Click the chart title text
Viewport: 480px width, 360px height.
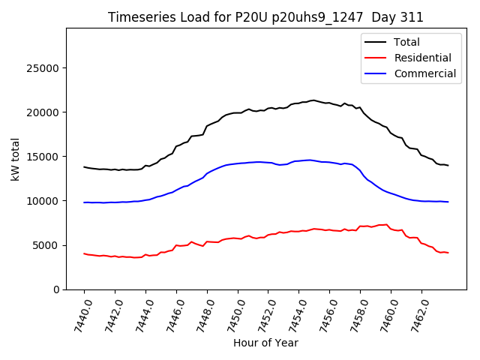tap(265, 17)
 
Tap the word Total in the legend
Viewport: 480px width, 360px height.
tap(407, 42)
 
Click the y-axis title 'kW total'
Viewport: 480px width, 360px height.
tap(16, 159)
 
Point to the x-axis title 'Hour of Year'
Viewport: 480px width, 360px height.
tap(265, 343)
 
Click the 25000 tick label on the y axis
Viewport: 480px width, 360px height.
tap(44, 68)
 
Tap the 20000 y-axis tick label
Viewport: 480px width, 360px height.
tap(44, 112)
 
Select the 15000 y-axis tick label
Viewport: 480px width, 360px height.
tap(44, 157)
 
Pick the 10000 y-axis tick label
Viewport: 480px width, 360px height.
tap(44, 201)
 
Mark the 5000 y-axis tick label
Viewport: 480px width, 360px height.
tap(47, 245)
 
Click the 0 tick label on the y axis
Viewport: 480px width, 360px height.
tap(57, 289)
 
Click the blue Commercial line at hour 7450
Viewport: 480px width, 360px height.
tap(238, 163)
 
